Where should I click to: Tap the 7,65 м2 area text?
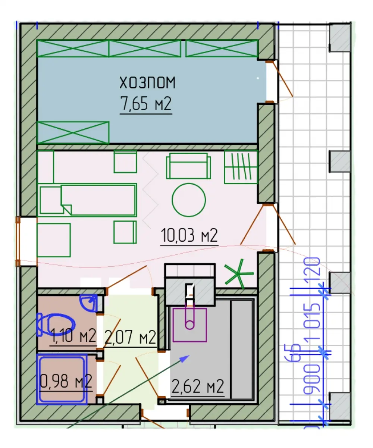coord(146,104)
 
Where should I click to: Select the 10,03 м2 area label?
coord(189,235)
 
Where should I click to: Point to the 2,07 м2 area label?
coord(130,337)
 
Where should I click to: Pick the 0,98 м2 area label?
coord(66,381)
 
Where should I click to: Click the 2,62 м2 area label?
coord(198,386)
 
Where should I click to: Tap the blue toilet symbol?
coord(56,325)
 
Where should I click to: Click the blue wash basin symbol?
coord(89,303)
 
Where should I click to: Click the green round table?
coord(189,200)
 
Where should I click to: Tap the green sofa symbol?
coord(188,166)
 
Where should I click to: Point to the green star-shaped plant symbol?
coord(239,274)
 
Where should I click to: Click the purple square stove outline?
coord(190,325)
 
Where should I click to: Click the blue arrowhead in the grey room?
coord(185,358)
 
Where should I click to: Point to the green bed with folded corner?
coord(88,200)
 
